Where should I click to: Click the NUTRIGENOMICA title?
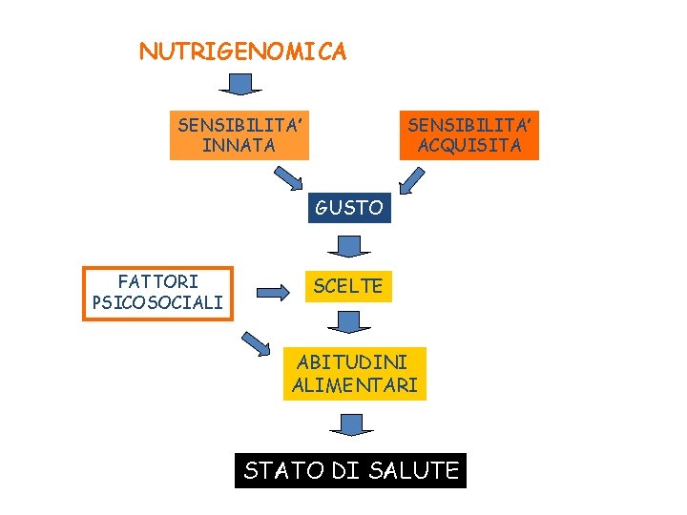point(242,51)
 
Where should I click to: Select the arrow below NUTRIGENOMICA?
point(240,85)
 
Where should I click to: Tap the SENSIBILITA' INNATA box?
point(239,134)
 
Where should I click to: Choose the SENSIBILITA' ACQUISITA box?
point(471,134)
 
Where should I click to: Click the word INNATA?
point(239,146)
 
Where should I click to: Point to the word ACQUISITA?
point(470,146)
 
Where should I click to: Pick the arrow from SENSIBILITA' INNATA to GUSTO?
point(288,178)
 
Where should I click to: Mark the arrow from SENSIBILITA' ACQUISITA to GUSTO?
point(412,179)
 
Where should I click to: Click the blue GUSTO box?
point(349,207)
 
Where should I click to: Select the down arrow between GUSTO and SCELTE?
point(348,246)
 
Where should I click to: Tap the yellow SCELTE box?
point(347,285)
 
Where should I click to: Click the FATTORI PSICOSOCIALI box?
point(157,293)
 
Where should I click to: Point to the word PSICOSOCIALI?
point(157,303)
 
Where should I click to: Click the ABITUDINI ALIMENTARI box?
point(354,374)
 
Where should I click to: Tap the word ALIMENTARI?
point(354,385)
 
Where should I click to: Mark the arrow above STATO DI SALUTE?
point(352,424)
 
